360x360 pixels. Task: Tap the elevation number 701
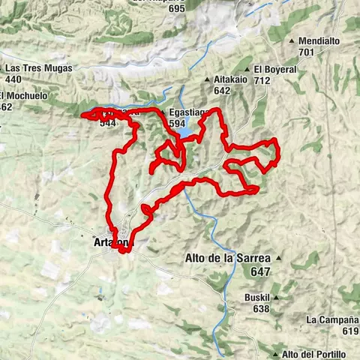(x=305, y=52)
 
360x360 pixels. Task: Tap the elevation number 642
(x=221, y=91)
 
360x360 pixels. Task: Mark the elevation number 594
(x=177, y=124)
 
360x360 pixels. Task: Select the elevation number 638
(x=262, y=308)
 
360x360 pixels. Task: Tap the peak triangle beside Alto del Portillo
(x=276, y=354)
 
